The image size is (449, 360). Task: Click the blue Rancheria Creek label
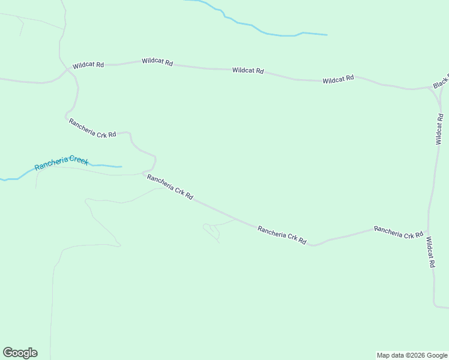[x=61, y=163]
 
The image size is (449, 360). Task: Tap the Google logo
[x=20, y=353]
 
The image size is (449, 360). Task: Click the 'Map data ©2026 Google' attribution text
[x=412, y=355]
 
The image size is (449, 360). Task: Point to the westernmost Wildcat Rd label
[x=88, y=65]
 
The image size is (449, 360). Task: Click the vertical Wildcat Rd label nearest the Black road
[x=439, y=129]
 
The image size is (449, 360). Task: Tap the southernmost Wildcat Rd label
[x=430, y=252]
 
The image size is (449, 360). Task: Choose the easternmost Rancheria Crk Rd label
[x=398, y=232]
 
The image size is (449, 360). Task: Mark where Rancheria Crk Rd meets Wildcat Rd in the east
[x=429, y=229]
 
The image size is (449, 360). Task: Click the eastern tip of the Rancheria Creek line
[x=121, y=166]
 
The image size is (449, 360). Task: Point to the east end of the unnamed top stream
[x=327, y=35]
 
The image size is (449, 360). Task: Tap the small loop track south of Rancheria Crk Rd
[x=211, y=230]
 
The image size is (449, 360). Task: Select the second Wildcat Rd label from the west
[x=157, y=62]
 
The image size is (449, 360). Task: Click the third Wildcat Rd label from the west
[x=248, y=71]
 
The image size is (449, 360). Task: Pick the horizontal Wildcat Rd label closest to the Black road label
[x=338, y=79]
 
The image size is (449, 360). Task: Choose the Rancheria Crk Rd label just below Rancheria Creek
[x=170, y=187]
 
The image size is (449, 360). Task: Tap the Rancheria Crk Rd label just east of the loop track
[x=282, y=235]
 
